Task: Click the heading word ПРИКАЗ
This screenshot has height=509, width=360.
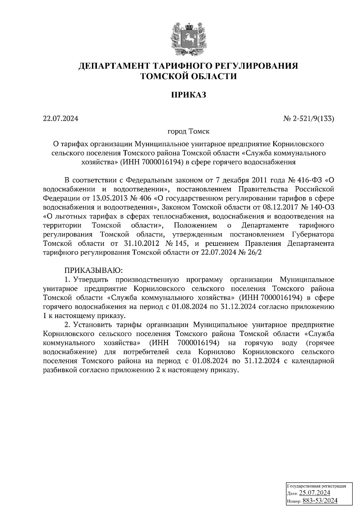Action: [188, 95]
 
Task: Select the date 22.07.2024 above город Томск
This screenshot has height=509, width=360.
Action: [61, 119]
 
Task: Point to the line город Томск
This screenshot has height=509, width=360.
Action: [188, 131]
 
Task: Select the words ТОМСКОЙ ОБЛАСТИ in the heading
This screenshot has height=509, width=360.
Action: [188, 76]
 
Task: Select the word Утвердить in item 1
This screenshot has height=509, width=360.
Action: [89, 280]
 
